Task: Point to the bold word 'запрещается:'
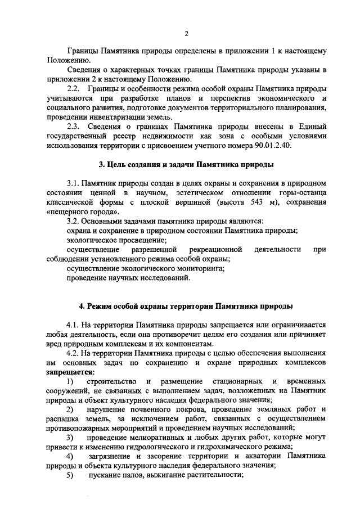point(70,372)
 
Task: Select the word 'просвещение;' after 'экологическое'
point(139,240)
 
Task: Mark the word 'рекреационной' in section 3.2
point(216,249)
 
